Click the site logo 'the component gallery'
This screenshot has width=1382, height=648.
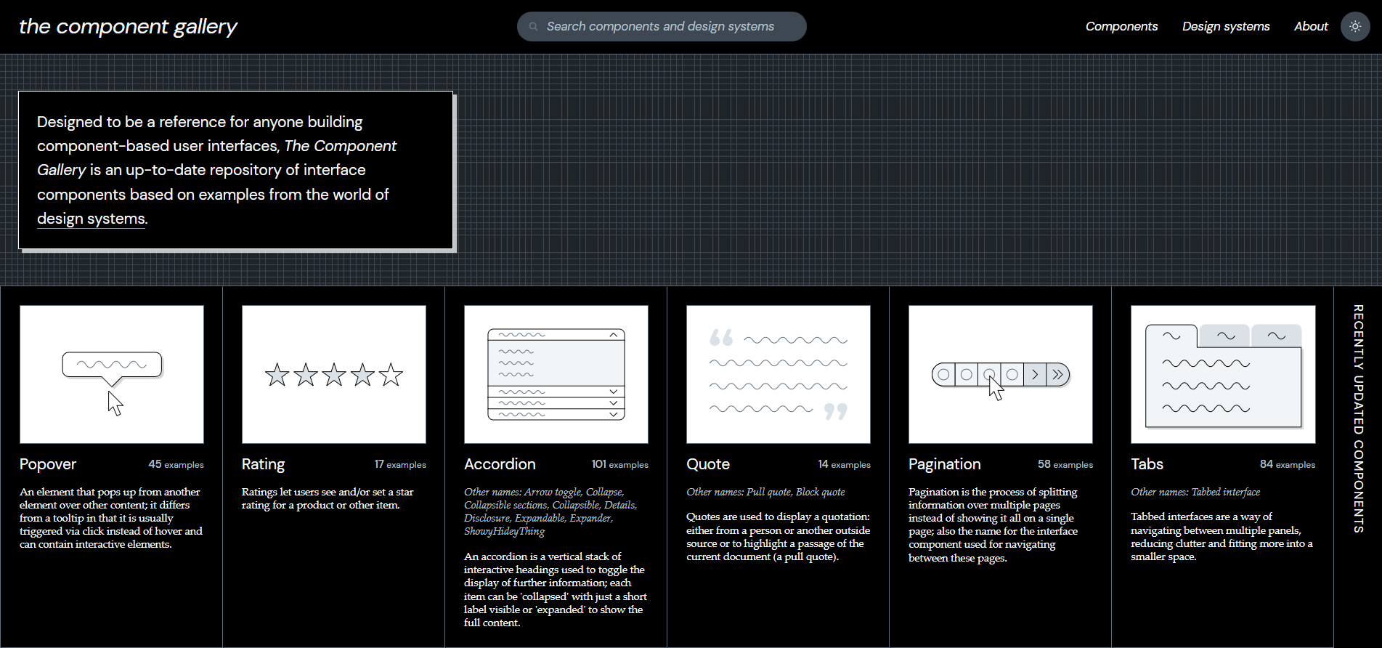(x=128, y=27)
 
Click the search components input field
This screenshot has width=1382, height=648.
(x=661, y=27)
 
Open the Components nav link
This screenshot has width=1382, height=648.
(x=1121, y=27)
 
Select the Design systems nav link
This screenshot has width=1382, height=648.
(x=1226, y=27)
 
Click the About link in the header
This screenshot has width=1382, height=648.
(x=1311, y=27)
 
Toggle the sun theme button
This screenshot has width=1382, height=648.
(x=1355, y=27)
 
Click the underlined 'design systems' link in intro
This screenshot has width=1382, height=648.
(x=92, y=219)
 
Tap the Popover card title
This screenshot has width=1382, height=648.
(x=48, y=464)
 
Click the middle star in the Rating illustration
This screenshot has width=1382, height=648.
(x=334, y=375)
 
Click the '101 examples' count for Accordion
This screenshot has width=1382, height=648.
(x=619, y=465)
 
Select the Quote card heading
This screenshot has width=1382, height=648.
(x=708, y=464)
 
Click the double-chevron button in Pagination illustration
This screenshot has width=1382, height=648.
(x=1058, y=375)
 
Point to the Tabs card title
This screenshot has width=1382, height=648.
(x=1147, y=464)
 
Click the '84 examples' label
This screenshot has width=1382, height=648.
(x=1287, y=465)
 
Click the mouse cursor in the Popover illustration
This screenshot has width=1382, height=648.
(x=115, y=403)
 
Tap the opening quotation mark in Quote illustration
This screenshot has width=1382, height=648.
(x=721, y=338)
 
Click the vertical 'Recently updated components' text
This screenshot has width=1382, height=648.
(x=1357, y=418)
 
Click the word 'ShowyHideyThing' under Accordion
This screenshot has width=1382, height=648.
(x=504, y=532)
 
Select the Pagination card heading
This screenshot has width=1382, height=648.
(x=944, y=464)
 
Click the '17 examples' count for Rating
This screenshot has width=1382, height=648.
(x=400, y=465)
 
